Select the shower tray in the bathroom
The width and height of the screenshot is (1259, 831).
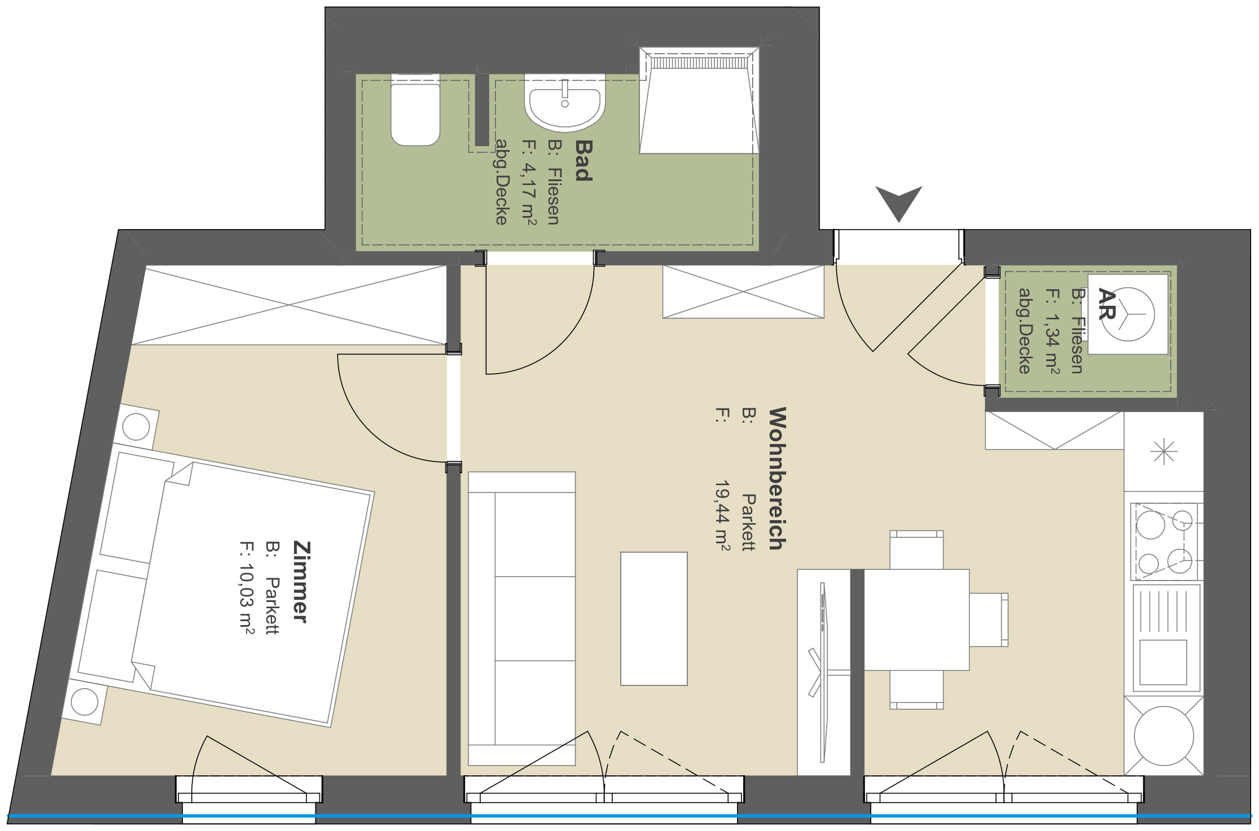click(699, 100)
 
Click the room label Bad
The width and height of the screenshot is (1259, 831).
click(584, 161)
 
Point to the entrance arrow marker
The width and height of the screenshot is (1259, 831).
click(899, 203)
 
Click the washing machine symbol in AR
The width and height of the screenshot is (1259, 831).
click(1128, 314)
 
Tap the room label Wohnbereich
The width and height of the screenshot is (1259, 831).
click(777, 478)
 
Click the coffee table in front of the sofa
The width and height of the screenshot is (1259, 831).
click(654, 618)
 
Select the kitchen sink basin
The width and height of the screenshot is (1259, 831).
click(1163, 662)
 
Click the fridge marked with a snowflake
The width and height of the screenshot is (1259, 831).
click(1164, 451)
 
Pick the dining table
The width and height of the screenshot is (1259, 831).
click(916, 619)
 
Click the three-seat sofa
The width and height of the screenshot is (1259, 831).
click(521, 618)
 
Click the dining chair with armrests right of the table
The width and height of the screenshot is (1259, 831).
click(989, 619)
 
